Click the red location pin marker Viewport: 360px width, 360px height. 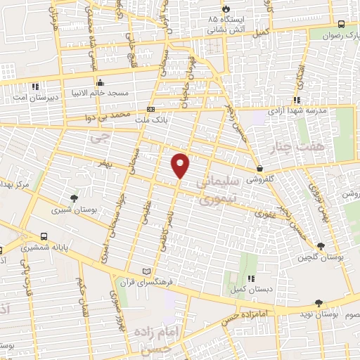[181, 165]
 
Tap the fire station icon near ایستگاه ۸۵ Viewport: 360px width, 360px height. [225, 8]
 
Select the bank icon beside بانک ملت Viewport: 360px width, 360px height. [151, 109]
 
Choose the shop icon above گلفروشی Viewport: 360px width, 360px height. [260, 169]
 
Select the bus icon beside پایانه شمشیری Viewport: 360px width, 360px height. [44, 237]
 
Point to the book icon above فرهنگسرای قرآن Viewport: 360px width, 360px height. [146, 271]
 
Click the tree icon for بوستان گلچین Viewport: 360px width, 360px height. [321, 245]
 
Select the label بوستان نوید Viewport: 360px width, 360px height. [318, 314]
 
